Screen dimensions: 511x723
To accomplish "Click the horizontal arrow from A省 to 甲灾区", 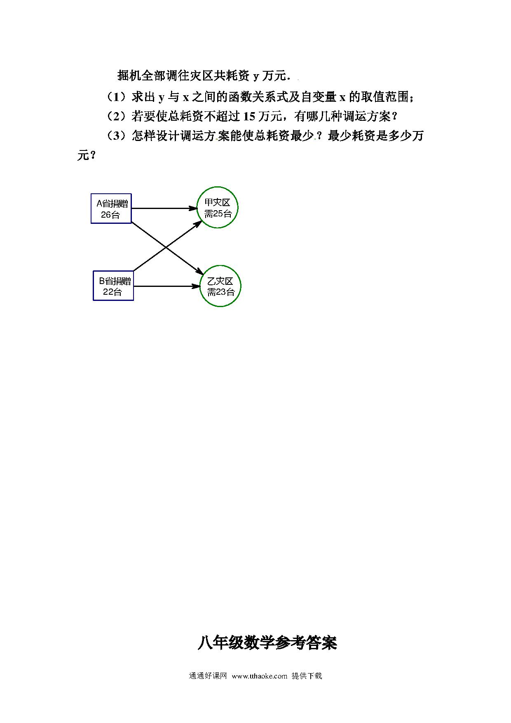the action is (x=165, y=209).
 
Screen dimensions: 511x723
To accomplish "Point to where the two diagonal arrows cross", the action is (x=166, y=247).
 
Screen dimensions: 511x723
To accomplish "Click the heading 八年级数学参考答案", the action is (x=267, y=643).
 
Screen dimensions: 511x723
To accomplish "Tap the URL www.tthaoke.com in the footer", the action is (x=260, y=676).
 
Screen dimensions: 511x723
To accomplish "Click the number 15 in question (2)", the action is (x=250, y=117).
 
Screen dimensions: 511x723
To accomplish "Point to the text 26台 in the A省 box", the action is (x=110, y=215).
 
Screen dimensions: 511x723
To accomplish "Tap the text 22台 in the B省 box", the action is (x=113, y=292).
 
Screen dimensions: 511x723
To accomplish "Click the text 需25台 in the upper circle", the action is (x=218, y=214).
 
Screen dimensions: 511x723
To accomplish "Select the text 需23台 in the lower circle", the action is (x=220, y=292).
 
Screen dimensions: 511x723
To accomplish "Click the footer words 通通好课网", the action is (x=208, y=676).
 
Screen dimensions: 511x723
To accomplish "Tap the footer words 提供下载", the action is (x=307, y=676).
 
